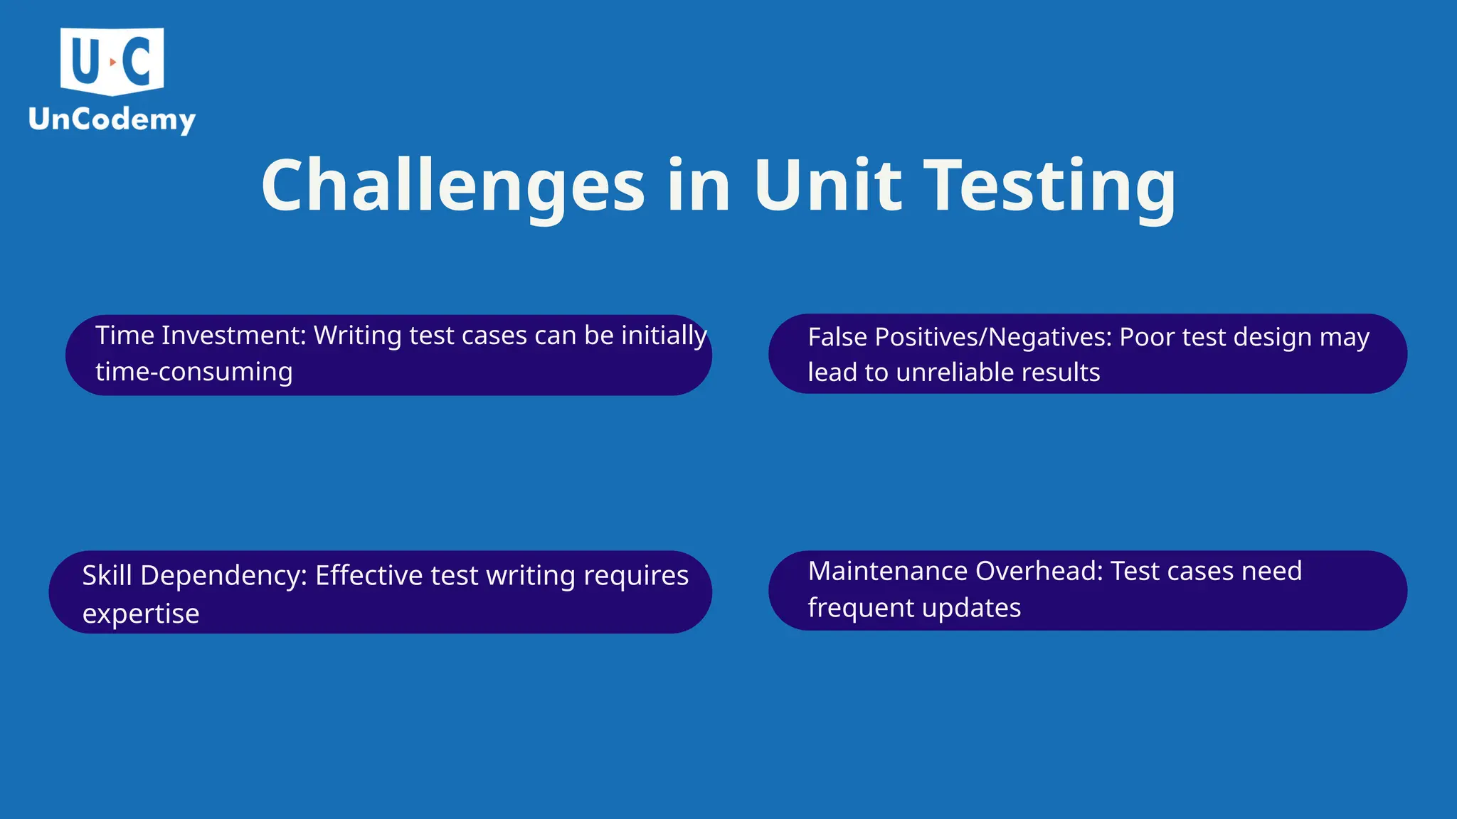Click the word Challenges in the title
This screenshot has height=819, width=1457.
pyautogui.click(x=452, y=186)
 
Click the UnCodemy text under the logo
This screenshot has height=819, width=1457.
pyautogui.click(x=112, y=119)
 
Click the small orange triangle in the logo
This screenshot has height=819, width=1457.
pyautogui.click(x=112, y=63)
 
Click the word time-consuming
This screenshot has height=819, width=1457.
pyautogui.click(x=194, y=372)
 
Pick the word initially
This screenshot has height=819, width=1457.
pyautogui.click(x=664, y=336)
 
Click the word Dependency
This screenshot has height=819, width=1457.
pyautogui.click(x=223, y=575)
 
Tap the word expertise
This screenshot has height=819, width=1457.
pyautogui.click(x=140, y=614)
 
